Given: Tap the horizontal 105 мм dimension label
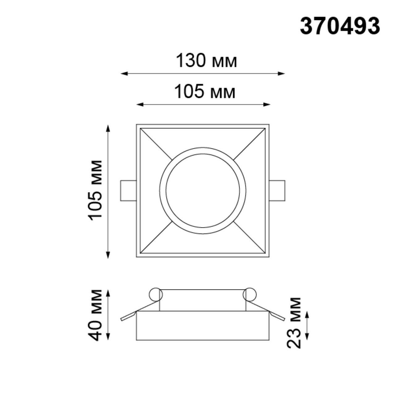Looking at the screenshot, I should coord(205,92).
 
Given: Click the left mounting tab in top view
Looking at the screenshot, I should coord(128,191).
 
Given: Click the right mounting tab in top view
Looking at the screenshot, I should coord(277,191).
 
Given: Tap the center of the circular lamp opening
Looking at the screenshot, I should coord(203,190).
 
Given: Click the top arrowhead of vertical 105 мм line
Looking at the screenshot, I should coord(108,127).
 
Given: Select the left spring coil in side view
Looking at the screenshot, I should coord(156,295).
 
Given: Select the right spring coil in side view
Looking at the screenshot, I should coord(250,295).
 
